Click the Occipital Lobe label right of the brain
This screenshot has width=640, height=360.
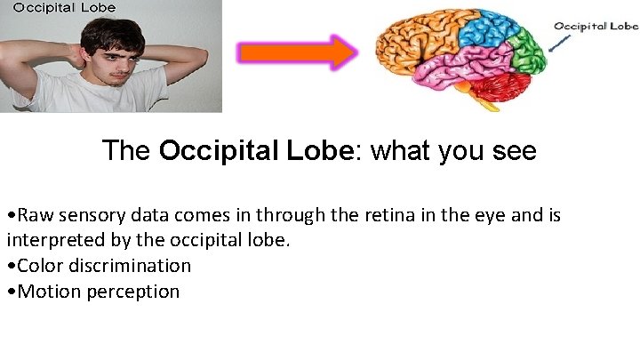(x=596, y=26)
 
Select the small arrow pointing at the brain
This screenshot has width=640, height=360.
(x=559, y=44)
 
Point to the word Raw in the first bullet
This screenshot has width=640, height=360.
(x=34, y=216)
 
